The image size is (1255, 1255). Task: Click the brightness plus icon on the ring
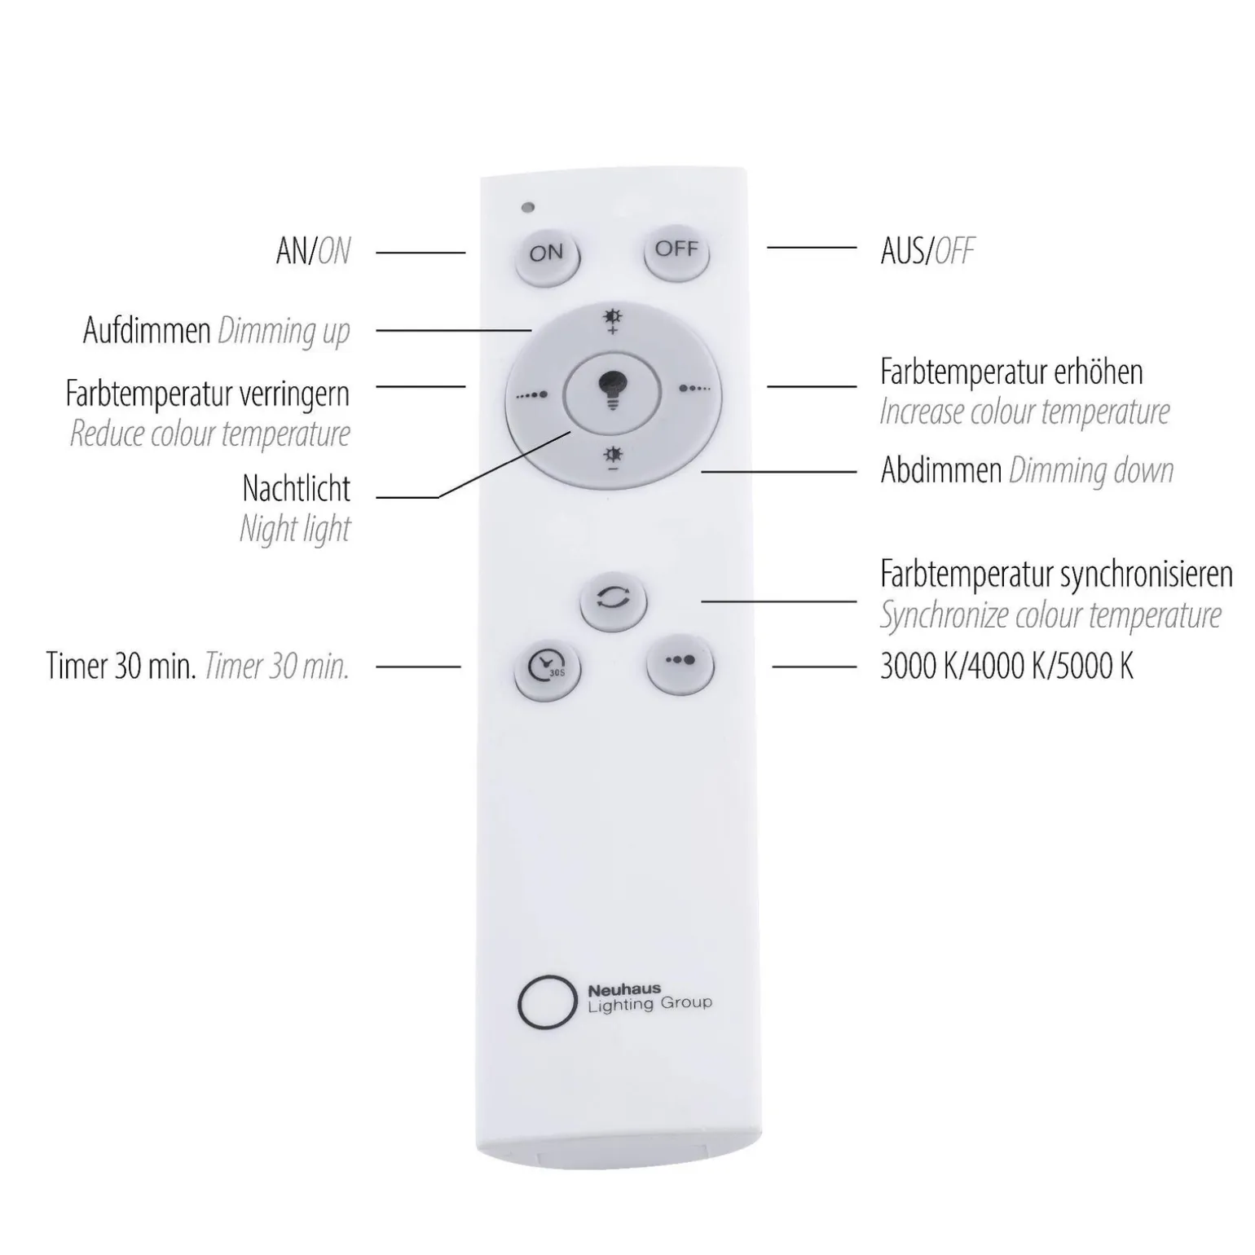612,322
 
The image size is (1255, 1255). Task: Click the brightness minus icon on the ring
612,459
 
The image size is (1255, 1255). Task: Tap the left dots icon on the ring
532,395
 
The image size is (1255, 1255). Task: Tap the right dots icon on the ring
694,389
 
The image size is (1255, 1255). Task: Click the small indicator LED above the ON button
528,207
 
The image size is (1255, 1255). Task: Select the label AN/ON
313,251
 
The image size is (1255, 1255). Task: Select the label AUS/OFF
927,251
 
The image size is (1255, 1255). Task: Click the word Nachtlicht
296,488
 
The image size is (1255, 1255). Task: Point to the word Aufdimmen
147,331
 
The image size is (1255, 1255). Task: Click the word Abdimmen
940,470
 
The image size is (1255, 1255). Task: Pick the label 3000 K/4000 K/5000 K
1006,667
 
